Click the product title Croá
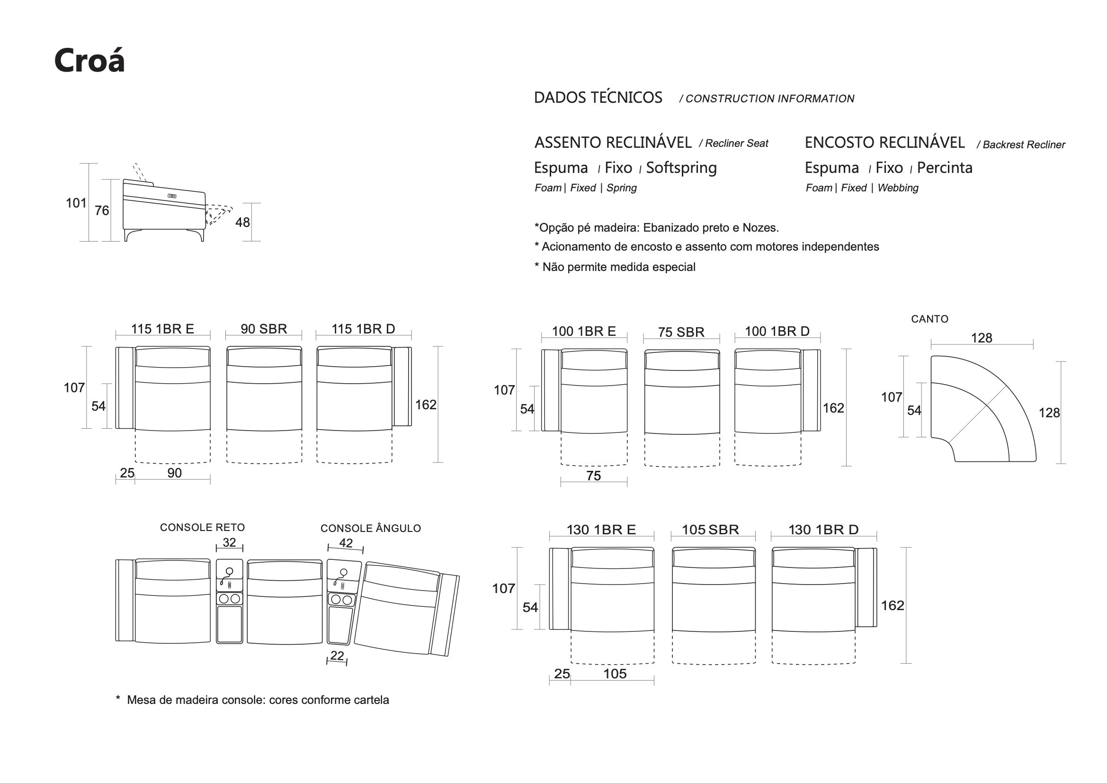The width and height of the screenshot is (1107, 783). [x=89, y=61]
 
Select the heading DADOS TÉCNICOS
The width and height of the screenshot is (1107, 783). [x=598, y=98]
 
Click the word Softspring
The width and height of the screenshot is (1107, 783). [x=681, y=168]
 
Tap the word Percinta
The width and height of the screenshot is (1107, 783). [x=944, y=168]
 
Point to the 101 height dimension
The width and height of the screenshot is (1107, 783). [x=76, y=203]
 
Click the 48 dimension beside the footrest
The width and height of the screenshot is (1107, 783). [x=242, y=223]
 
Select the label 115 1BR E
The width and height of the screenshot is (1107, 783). [x=162, y=329]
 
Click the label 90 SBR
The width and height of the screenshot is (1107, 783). [x=264, y=329]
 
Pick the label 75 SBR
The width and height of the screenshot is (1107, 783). [x=681, y=333]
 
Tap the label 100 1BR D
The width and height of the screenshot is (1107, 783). [x=777, y=332]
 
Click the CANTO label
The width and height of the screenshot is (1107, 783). [x=929, y=319]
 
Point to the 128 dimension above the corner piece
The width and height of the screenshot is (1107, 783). [x=981, y=338]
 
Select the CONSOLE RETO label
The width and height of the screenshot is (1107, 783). [x=202, y=528]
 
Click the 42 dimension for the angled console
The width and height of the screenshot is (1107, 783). [x=346, y=543]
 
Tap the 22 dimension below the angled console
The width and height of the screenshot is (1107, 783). [x=337, y=656]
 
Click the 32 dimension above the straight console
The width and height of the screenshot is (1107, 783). [x=229, y=543]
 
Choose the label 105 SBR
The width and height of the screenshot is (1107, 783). [x=710, y=530]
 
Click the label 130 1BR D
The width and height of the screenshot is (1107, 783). [x=823, y=530]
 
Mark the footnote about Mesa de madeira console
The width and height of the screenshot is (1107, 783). [x=252, y=700]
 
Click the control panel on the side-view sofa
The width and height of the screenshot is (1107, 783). [x=172, y=196]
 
